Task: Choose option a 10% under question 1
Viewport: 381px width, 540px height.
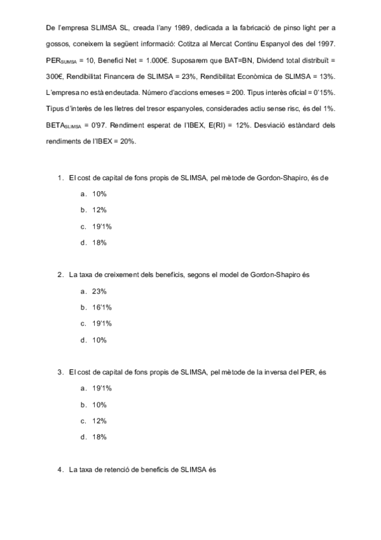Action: (99, 194)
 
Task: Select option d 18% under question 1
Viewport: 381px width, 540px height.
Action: (99, 243)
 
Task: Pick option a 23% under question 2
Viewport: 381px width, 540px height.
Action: (99, 291)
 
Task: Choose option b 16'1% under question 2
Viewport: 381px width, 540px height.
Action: (102, 308)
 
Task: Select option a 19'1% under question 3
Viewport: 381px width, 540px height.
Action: (102, 388)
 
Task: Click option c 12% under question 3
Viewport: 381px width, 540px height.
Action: (99, 421)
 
